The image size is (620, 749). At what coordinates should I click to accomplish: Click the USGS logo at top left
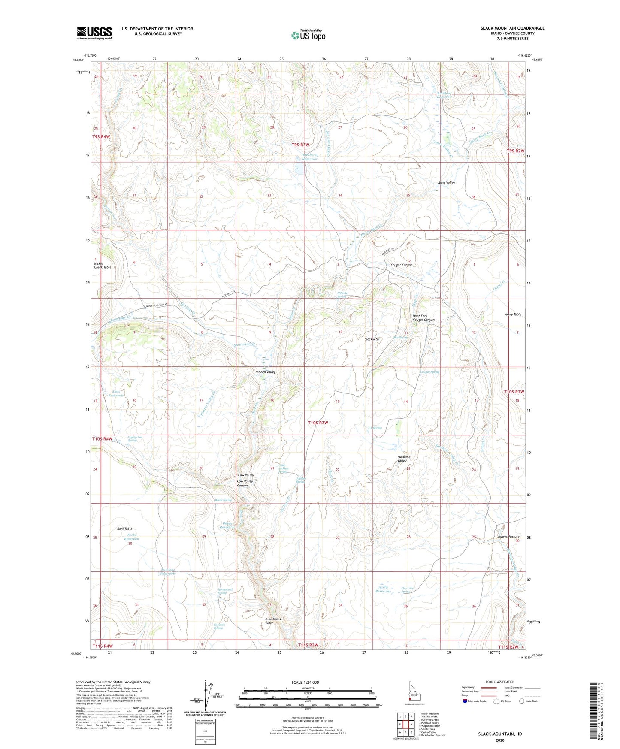tap(94, 33)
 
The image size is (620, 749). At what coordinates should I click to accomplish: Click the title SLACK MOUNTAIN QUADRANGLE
tap(512, 28)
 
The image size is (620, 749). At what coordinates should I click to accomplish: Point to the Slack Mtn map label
tap(372, 339)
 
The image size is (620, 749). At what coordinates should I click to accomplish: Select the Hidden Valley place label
tap(265, 372)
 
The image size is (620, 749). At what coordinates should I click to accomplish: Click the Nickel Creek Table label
tap(102, 265)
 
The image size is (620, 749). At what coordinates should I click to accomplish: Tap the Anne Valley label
tap(446, 183)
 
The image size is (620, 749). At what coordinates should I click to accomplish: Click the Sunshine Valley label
tap(404, 459)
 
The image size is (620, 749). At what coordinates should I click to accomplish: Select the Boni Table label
tap(124, 529)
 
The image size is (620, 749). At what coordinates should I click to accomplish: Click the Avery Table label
tap(513, 314)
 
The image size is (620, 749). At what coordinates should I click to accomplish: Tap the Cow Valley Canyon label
tap(245, 483)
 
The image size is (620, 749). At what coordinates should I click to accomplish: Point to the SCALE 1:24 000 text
tap(305, 683)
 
